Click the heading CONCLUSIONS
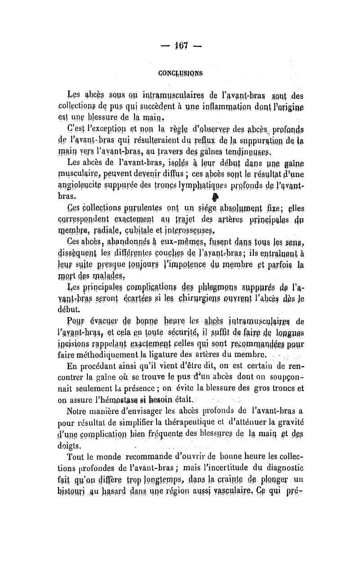pos(180,72)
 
